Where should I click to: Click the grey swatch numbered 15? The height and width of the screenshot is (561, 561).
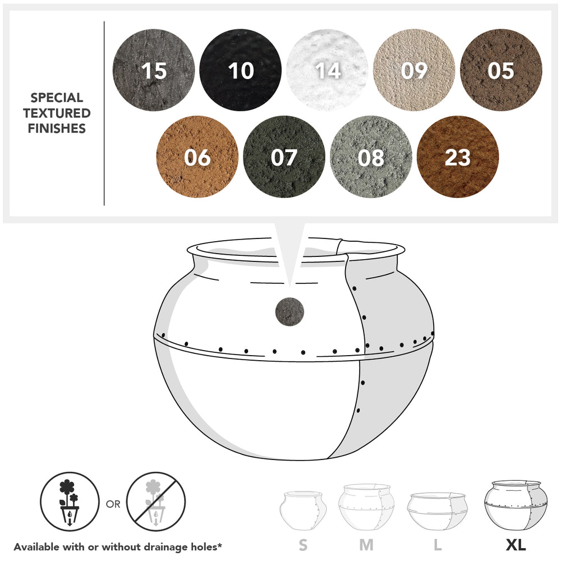pos(154,70)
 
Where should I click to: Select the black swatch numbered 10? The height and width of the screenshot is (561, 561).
pos(241,70)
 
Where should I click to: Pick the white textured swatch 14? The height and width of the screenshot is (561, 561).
pos(327,70)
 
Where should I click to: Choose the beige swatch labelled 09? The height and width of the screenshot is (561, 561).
pos(414,70)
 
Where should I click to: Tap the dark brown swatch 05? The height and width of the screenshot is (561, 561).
pos(501,70)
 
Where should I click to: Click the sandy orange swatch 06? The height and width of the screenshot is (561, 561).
pos(197,157)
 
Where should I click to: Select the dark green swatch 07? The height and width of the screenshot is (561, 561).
pos(284,157)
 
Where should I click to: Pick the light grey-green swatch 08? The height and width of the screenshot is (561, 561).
pos(371,157)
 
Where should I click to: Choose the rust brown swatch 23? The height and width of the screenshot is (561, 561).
pos(458,157)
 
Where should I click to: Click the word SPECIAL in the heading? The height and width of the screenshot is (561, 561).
pos(57,98)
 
